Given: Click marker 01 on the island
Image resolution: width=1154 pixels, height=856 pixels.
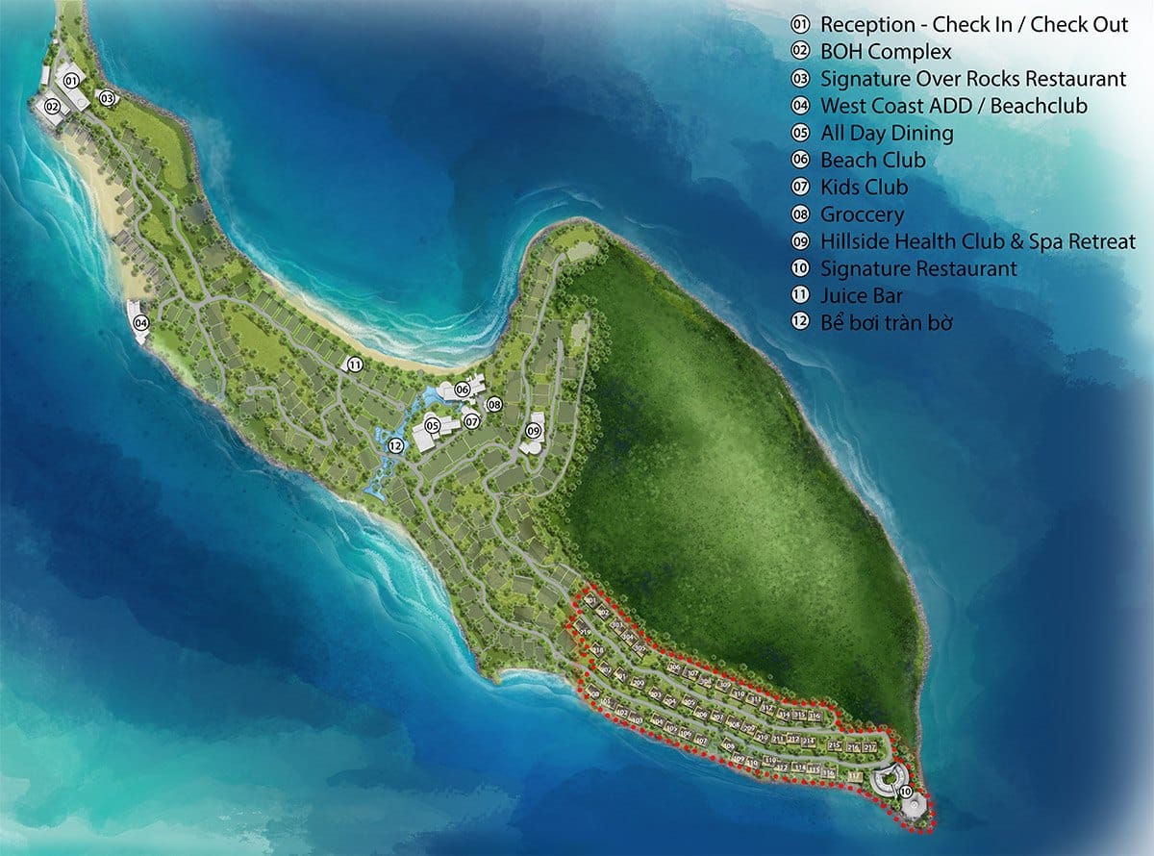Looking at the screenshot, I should [x=71, y=82].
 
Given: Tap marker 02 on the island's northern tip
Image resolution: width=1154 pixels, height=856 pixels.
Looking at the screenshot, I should [x=52, y=106].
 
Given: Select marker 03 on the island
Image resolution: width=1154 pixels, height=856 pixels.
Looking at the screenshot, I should [x=108, y=97].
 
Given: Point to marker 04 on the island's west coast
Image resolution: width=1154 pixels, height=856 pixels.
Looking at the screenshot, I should [x=140, y=323].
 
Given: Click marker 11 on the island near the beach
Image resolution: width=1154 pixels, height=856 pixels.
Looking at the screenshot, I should [x=355, y=365].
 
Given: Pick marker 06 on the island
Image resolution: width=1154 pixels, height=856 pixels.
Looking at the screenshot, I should [x=463, y=389].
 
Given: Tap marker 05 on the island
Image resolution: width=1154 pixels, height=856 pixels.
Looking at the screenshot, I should [x=433, y=426].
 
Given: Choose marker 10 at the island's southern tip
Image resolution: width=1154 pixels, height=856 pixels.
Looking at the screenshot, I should [x=905, y=791].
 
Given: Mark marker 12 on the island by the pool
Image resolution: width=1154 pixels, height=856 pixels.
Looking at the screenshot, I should [x=394, y=445].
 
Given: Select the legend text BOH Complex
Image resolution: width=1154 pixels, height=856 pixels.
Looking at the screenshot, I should [x=886, y=51].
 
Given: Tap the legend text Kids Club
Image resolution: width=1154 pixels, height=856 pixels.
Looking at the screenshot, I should [x=864, y=187].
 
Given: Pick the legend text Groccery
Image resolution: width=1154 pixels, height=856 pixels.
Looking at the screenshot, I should [x=862, y=214].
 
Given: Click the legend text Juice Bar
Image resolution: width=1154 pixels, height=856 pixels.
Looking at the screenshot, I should [x=862, y=295].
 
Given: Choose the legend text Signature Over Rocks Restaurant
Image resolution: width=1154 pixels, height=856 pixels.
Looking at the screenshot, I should [x=973, y=78].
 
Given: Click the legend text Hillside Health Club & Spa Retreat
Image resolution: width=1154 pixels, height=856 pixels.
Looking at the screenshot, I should [x=978, y=241].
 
